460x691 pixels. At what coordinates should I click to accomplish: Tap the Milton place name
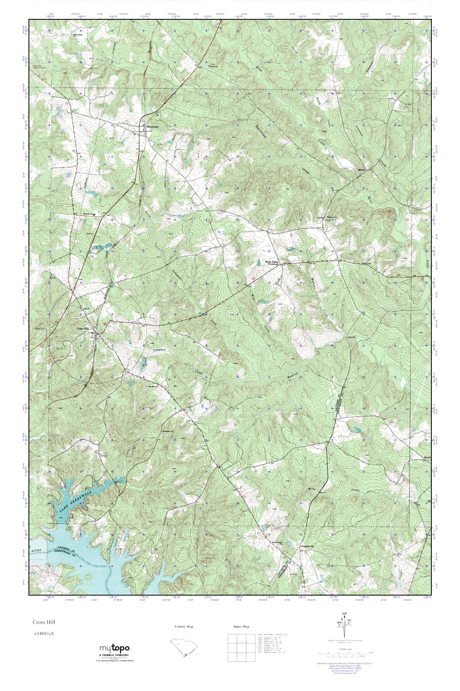(x=361, y=170)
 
